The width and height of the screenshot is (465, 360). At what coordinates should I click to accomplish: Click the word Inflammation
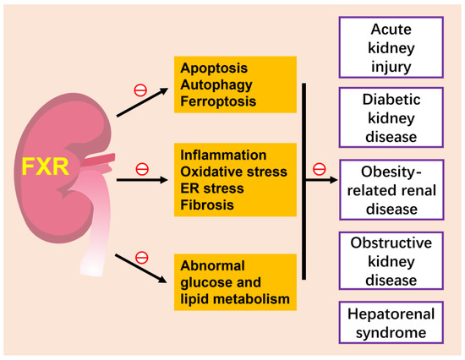pyautogui.click(x=223, y=155)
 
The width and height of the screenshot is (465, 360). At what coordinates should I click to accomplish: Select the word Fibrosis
pyautogui.click(x=205, y=204)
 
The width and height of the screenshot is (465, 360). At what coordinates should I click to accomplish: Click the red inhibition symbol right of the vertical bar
pyautogui.click(x=319, y=170)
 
